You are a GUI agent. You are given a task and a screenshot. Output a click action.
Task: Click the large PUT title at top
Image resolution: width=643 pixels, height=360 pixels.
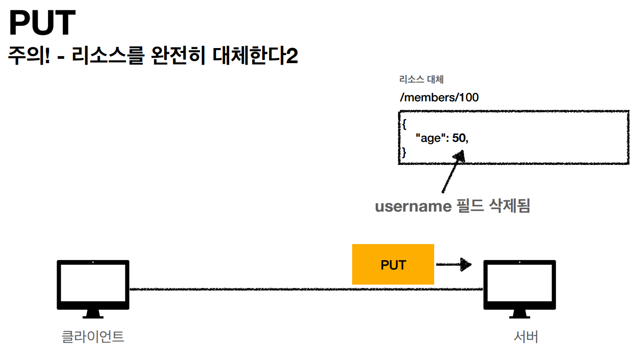(x=42, y=24)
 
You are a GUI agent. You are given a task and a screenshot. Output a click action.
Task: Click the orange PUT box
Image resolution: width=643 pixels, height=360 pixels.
(x=393, y=264)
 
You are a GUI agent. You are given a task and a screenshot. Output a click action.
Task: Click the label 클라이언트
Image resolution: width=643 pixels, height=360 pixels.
(x=93, y=337)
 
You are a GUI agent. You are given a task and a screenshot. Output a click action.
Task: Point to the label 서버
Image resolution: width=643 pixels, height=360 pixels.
(x=526, y=337)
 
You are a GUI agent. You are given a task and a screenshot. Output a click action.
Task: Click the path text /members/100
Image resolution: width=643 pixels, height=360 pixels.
(x=438, y=98)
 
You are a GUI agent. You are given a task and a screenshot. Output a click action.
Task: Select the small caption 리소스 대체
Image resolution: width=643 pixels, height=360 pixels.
(x=421, y=79)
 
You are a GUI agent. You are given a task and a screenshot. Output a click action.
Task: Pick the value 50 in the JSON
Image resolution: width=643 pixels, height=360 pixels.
(x=459, y=139)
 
